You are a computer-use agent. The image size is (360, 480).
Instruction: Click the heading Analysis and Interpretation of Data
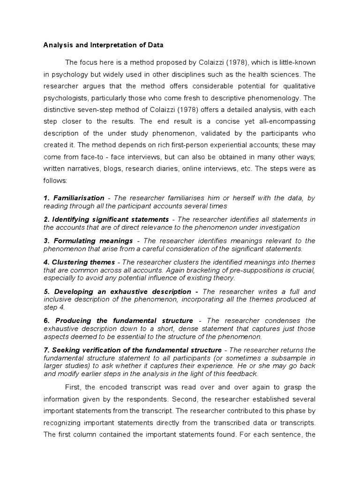[x=103, y=45]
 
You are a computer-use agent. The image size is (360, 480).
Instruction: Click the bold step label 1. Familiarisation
[x=74, y=198]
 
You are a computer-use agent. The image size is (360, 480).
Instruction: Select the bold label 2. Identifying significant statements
[x=106, y=219]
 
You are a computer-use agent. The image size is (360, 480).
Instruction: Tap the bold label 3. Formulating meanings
[x=88, y=240]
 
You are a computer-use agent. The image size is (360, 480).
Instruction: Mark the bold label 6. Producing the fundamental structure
[x=118, y=321]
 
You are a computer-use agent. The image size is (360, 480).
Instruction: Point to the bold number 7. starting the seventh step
[x=46, y=350]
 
